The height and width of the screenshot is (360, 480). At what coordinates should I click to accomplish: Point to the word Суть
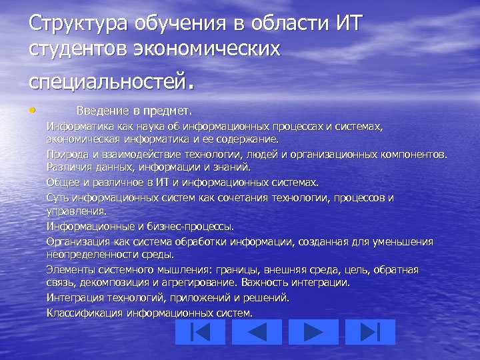click(57, 197)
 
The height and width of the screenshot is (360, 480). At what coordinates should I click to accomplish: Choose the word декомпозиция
click(107, 282)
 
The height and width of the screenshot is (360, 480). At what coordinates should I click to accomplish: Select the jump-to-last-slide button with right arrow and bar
click(369, 332)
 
